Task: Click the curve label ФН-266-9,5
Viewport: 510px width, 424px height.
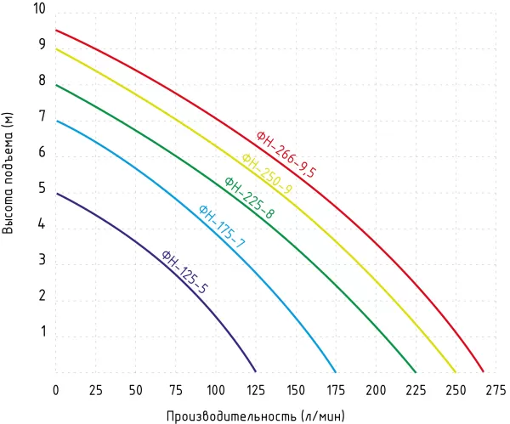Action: coord(286,154)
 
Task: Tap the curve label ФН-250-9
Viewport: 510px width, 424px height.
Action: coord(266,174)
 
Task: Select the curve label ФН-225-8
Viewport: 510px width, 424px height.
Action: coord(249,197)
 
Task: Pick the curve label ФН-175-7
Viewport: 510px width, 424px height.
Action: coord(221,226)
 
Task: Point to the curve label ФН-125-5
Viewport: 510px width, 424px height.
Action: coord(184,271)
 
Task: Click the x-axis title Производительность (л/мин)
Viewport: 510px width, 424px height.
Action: coord(255,416)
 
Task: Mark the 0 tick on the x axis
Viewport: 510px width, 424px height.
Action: coord(56,390)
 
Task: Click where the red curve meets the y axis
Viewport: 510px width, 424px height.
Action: coord(56,31)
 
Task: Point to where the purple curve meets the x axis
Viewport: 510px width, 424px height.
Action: coord(256,371)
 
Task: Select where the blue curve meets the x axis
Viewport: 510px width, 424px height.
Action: coord(336,371)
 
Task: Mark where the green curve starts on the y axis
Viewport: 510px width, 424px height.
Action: coord(56,85)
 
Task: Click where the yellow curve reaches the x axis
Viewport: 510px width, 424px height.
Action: coord(456,371)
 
